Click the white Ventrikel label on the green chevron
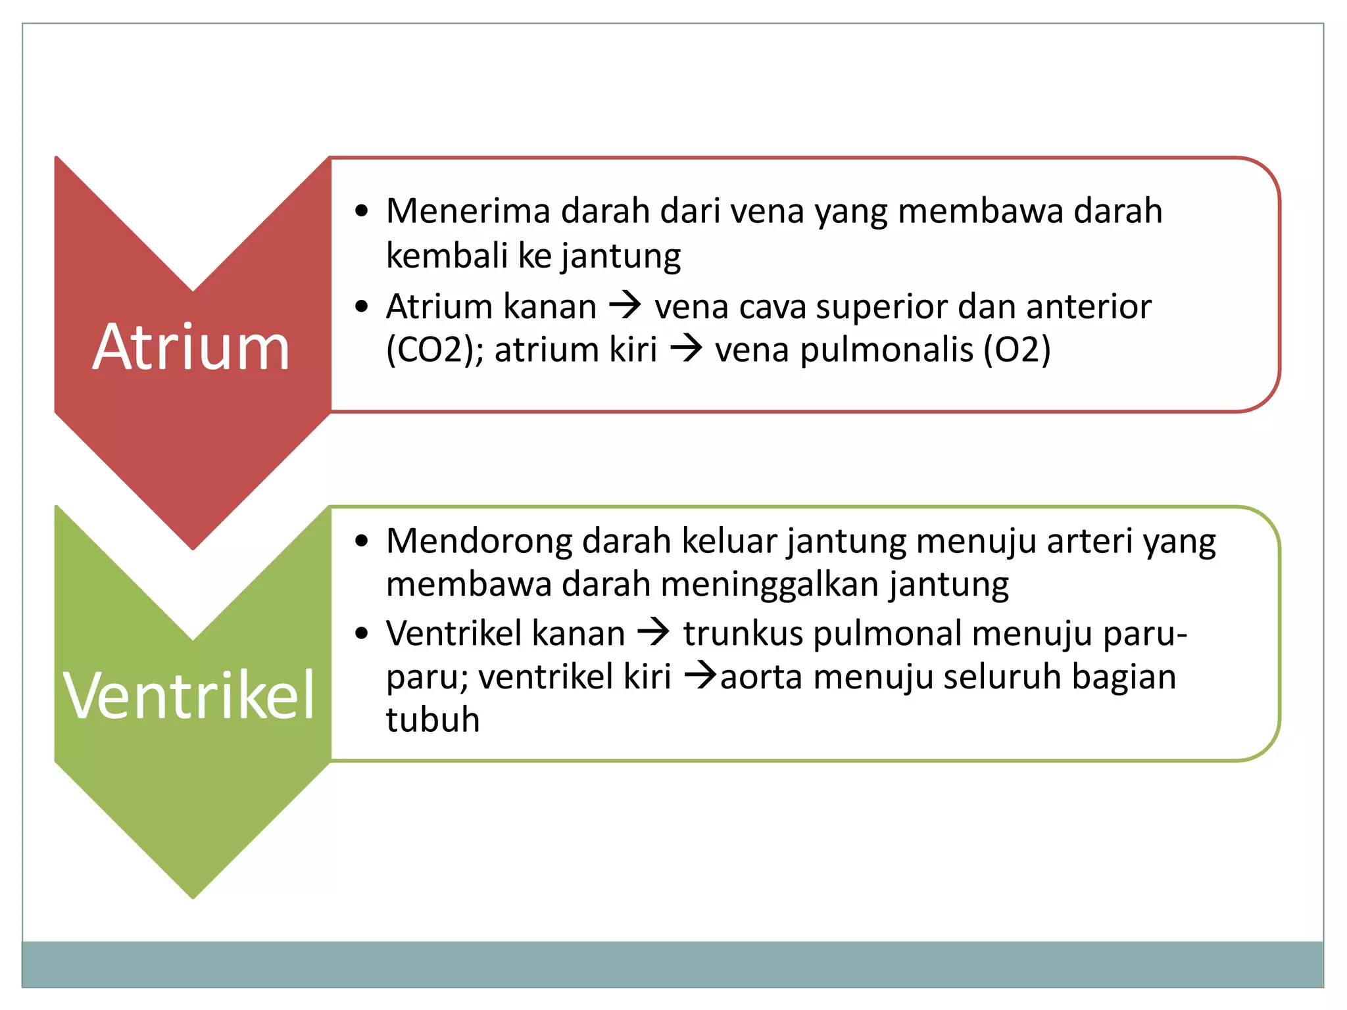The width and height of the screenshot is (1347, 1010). pos(189,696)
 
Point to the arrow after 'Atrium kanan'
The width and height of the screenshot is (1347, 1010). pos(625,305)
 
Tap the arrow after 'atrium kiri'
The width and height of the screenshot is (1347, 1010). pos(686,349)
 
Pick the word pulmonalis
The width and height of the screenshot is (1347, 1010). pos(886,350)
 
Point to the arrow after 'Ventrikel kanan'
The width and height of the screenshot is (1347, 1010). pos(654,633)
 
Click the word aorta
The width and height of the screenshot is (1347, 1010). pos(761,677)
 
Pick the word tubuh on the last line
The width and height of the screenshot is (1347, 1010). pos(433,719)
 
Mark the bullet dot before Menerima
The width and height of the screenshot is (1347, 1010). pos(361,212)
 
